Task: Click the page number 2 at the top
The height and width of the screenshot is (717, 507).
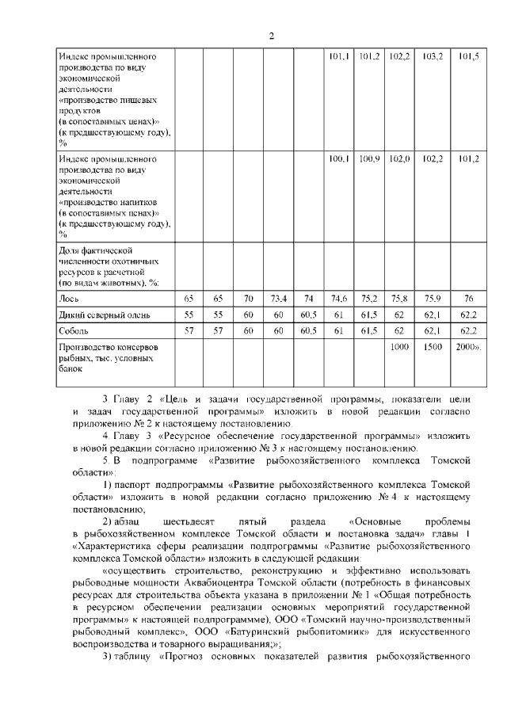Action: click(x=271, y=36)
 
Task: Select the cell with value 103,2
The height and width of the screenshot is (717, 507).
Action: click(x=433, y=57)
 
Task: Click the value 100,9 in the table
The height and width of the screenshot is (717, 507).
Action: click(x=369, y=159)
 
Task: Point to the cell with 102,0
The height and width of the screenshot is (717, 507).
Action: click(x=399, y=159)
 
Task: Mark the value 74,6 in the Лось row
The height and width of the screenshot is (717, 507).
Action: click(x=338, y=299)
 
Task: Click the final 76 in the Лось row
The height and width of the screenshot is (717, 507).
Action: click(x=468, y=299)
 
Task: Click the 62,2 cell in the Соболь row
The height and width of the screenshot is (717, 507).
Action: click(x=468, y=330)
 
